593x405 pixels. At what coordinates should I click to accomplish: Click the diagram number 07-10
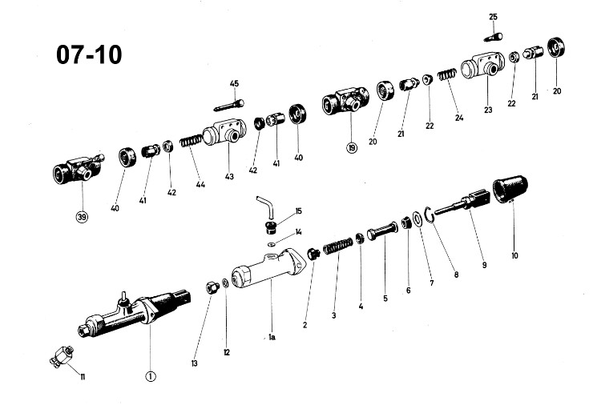point(89,54)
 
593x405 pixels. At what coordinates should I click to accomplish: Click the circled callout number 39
point(82,217)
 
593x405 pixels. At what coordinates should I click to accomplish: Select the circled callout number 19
point(352,147)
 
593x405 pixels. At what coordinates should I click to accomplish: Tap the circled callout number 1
point(151,376)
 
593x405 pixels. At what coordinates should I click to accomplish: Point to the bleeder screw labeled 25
point(493,37)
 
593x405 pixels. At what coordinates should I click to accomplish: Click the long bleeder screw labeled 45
point(229,106)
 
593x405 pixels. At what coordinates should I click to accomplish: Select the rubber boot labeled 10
point(510,189)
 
